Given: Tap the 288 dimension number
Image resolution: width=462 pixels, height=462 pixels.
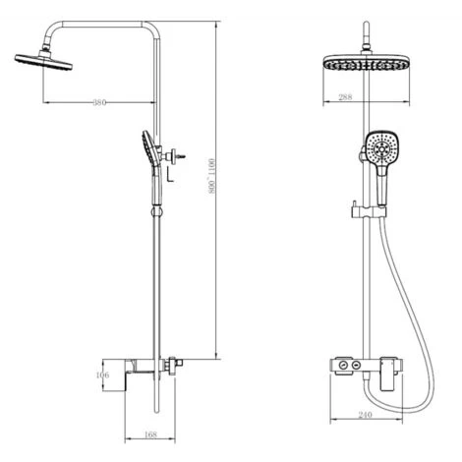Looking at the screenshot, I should coord(343,97).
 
